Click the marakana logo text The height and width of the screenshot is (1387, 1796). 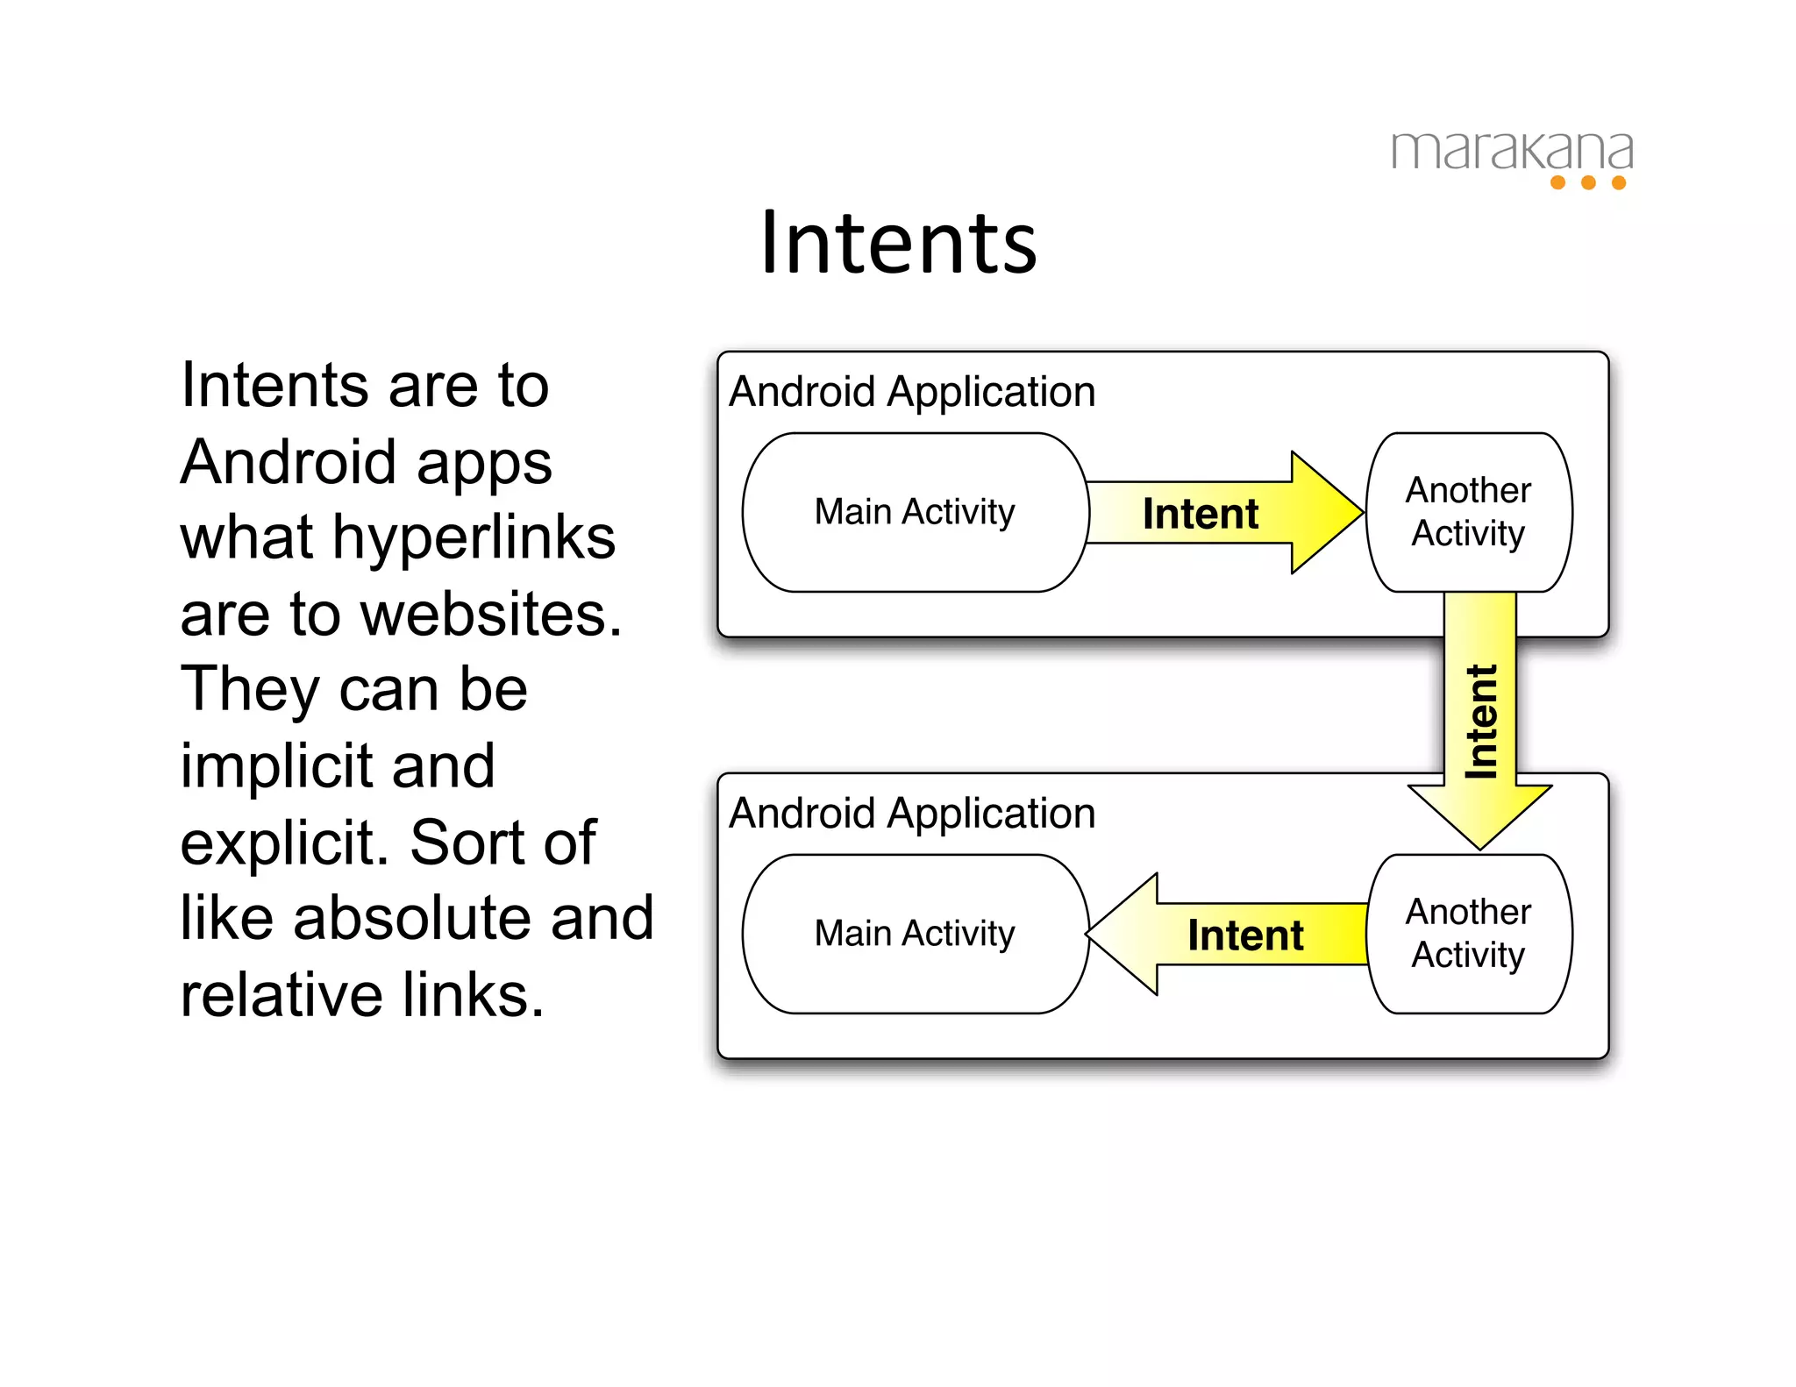(1512, 151)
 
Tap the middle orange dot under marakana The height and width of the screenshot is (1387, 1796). (1588, 182)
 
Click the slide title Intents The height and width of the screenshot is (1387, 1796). (898, 243)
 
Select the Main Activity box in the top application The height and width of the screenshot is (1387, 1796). (915, 512)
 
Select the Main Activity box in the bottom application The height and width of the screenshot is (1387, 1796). (915, 934)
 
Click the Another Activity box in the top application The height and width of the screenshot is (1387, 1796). (1469, 512)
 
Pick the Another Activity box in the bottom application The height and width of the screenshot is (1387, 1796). (1469, 934)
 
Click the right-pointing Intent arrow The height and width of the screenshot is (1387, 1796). (1219, 513)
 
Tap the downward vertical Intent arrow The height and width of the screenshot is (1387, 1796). (1480, 719)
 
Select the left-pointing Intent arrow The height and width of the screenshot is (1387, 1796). (1228, 935)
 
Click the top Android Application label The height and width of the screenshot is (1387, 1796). (912, 391)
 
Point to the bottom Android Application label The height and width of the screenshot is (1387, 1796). (912, 813)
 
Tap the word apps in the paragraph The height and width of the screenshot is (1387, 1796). (484, 463)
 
